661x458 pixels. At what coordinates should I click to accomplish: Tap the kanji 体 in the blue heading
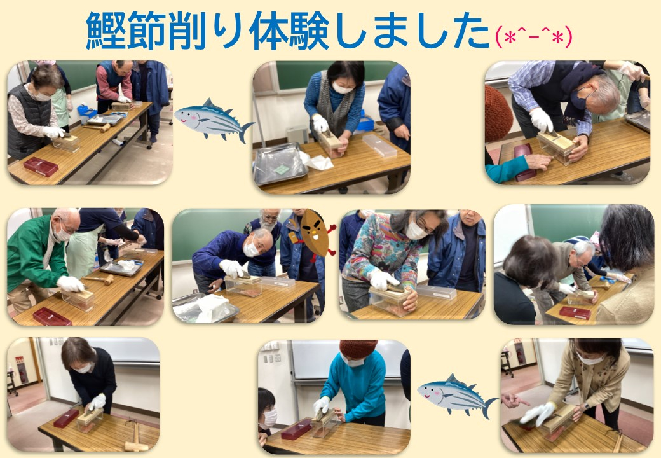coord(268,31)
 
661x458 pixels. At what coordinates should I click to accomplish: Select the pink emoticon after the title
coord(534,37)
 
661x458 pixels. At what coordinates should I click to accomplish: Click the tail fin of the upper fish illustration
coord(245,132)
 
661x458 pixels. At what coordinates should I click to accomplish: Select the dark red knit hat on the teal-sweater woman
coord(358,349)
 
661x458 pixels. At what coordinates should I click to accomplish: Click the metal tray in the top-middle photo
coord(280,163)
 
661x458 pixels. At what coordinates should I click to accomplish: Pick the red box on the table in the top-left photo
coord(41,167)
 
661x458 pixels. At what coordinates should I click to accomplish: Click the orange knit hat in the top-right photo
coord(498,113)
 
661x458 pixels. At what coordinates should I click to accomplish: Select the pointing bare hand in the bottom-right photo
coord(514,400)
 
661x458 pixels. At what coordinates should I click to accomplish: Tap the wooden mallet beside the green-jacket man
coord(99,279)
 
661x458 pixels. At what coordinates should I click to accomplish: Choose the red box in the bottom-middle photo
coord(297,429)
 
